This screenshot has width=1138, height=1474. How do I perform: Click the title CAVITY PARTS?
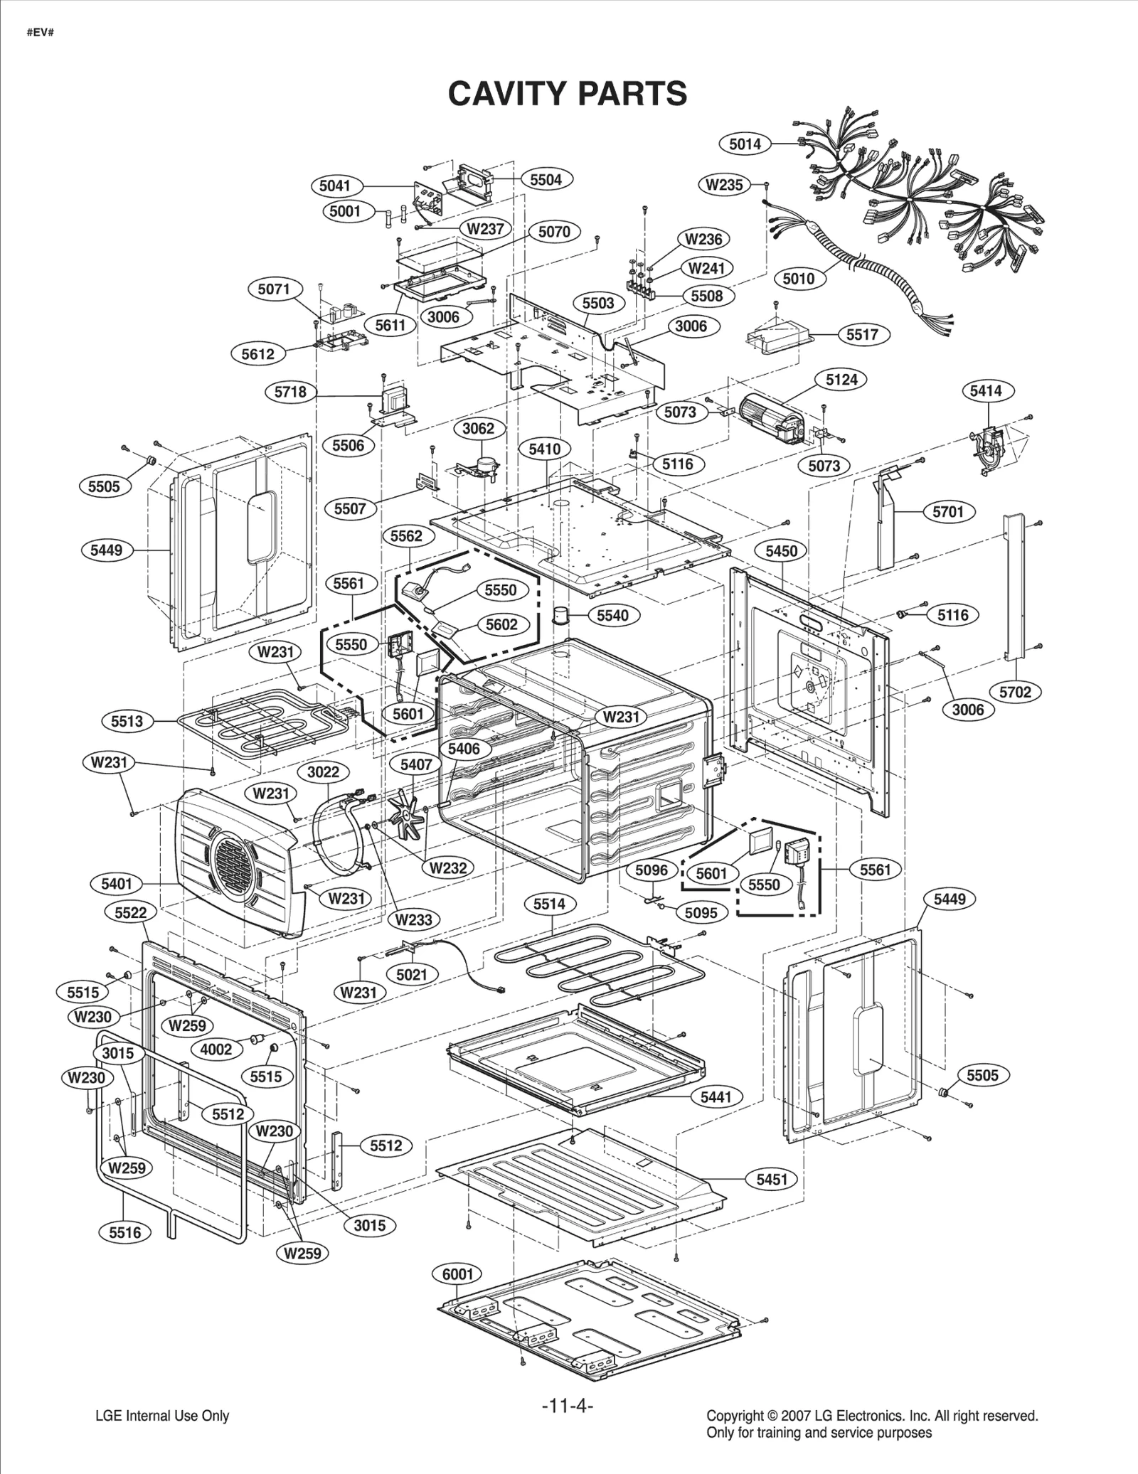point(567,93)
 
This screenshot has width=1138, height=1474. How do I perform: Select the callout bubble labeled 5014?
point(745,144)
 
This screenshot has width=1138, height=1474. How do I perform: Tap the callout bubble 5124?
point(841,380)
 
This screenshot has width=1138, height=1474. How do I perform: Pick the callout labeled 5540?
point(612,615)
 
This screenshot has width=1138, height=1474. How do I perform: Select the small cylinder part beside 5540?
point(564,614)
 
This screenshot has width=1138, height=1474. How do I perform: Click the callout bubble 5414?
point(985,390)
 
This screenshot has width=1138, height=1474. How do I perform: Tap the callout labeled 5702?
point(1015,692)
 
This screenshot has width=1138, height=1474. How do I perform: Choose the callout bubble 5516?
point(125,1232)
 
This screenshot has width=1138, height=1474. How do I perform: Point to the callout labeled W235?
point(724,185)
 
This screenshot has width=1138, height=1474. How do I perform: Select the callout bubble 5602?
point(501,624)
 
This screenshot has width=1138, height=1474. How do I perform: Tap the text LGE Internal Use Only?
point(162,1416)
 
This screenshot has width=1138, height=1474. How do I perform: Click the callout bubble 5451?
point(772,1180)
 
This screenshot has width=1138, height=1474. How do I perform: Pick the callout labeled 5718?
point(290,392)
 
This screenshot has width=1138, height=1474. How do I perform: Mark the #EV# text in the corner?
point(41,33)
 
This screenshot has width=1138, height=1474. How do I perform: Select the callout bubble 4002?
point(216,1050)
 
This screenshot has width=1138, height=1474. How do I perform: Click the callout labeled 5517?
point(862,334)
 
